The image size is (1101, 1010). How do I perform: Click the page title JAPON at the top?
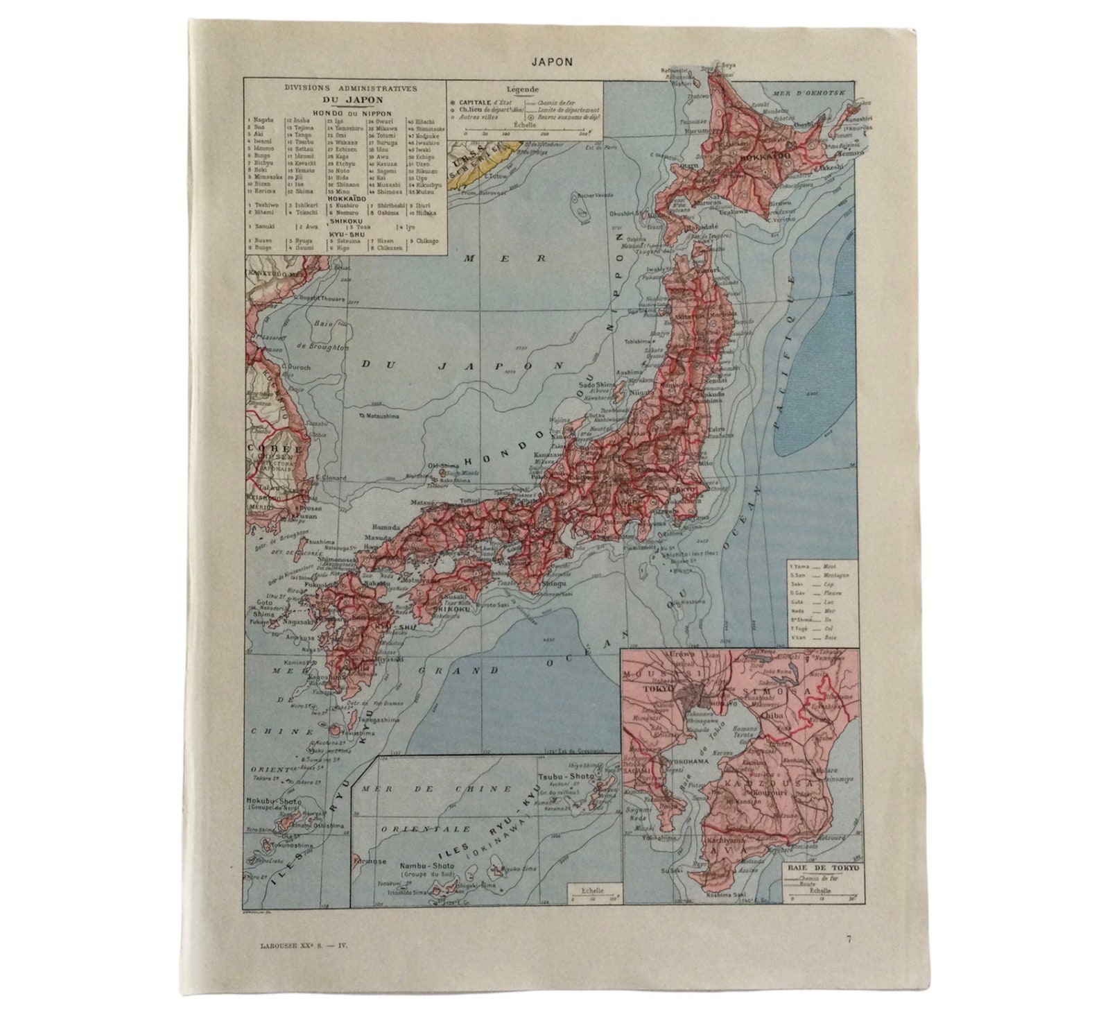pos(552,61)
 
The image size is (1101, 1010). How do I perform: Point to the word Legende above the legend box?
pos(523,89)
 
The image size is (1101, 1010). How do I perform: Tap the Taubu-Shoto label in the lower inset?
pos(562,778)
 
